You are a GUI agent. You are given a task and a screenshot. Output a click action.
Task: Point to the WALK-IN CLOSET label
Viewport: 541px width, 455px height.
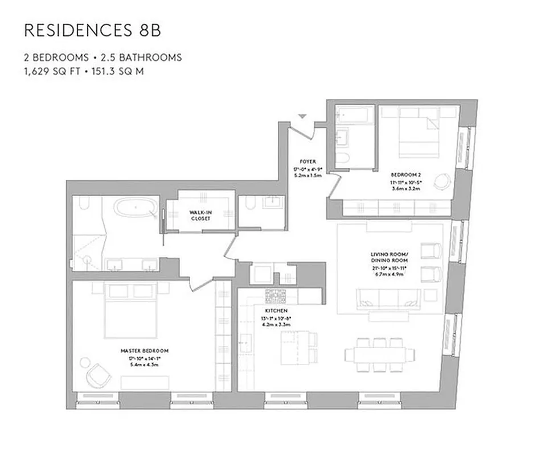pyautogui.click(x=199, y=214)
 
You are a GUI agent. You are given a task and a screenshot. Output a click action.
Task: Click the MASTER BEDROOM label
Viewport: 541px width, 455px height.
pyautogui.click(x=144, y=351)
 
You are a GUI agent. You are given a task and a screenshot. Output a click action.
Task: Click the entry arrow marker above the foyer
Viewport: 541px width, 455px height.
pyautogui.click(x=303, y=116)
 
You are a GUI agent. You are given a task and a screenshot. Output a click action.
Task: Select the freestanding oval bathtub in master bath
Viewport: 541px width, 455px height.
pyautogui.click(x=135, y=208)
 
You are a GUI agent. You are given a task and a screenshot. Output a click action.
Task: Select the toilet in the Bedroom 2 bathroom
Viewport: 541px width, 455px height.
pyautogui.click(x=343, y=158)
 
